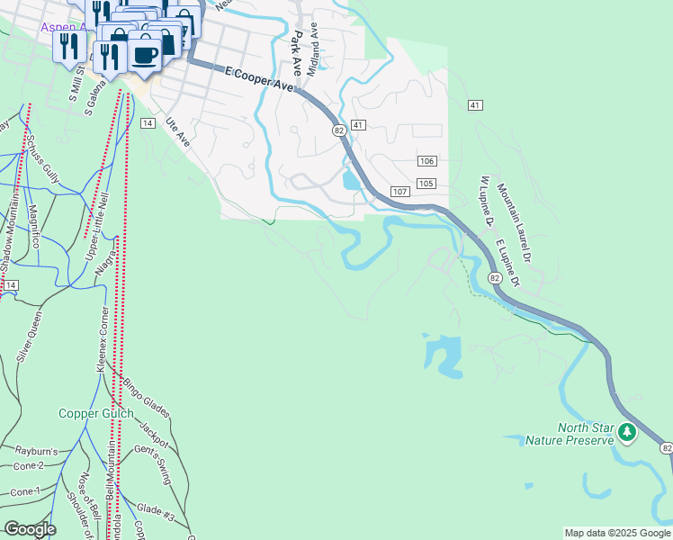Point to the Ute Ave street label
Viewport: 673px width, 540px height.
click(178, 131)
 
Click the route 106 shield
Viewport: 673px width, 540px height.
click(426, 161)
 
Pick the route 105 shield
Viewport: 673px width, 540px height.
click(426, 184)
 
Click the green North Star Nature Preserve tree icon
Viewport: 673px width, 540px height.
click(627, 434)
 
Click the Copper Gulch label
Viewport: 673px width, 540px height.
click(96, 414)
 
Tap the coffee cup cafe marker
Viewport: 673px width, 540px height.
click(145, 54)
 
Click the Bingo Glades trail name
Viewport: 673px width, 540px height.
click(147, 399)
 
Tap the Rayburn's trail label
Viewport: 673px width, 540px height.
click(35, 449)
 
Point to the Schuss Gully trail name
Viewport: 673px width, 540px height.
click(43, 162)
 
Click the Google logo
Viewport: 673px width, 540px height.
click(30, 528)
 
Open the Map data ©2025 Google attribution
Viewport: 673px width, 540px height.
click(617, 533)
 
